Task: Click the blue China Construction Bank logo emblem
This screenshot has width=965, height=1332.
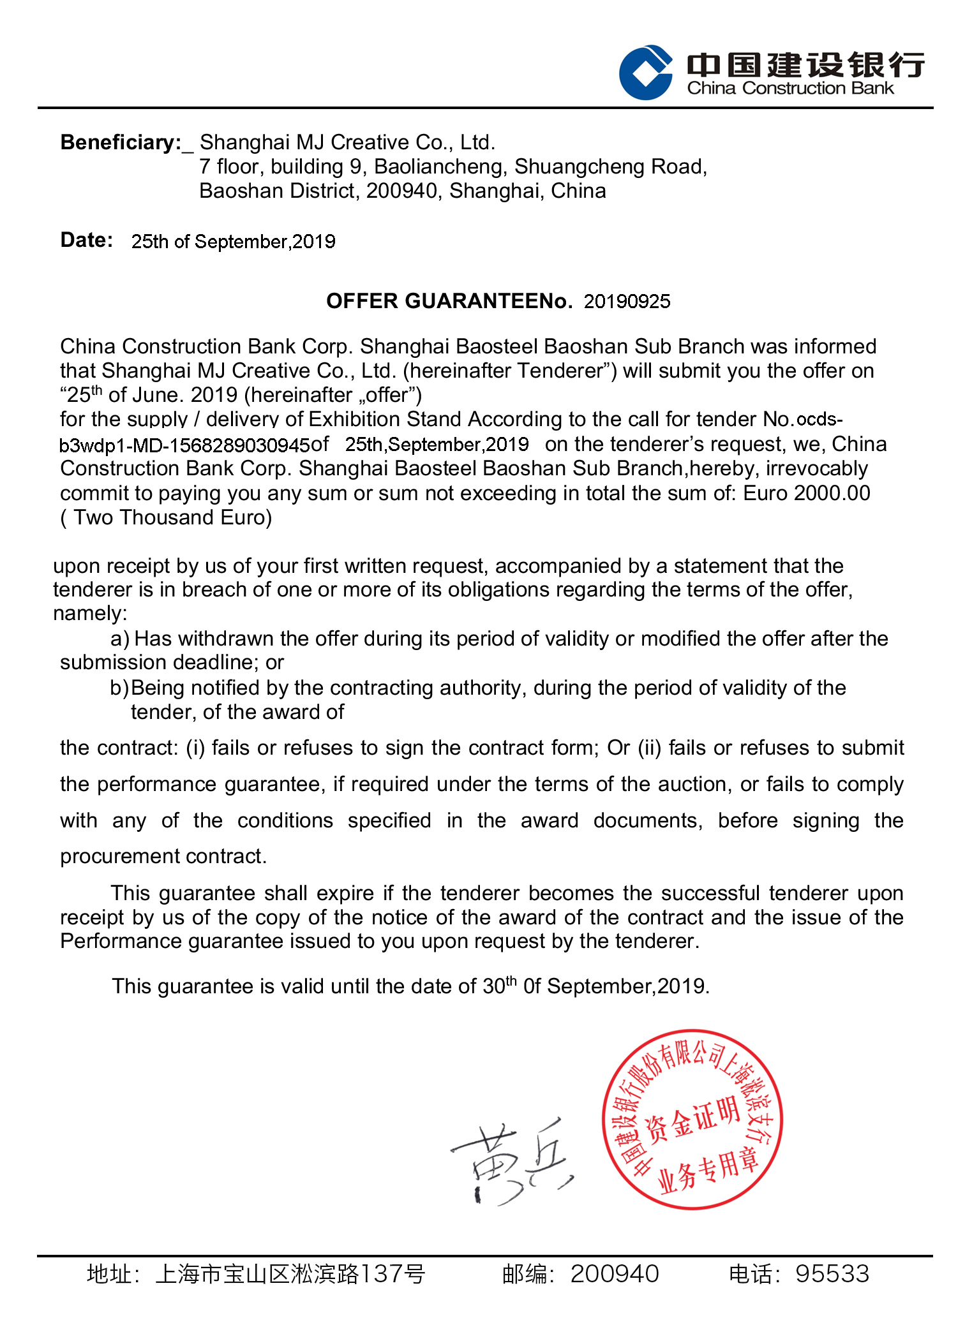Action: [645, 72]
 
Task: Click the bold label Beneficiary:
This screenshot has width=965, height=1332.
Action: [121, 142]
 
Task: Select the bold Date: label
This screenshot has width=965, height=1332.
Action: [87, 240]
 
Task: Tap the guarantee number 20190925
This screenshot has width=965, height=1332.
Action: [627, 301]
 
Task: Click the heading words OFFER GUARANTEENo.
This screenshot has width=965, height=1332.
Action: [449, 301]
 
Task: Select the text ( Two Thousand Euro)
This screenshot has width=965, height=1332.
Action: [166, 517]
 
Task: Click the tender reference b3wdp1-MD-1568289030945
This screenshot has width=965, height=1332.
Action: [184, 445]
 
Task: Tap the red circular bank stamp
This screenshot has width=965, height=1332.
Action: [692, 1119]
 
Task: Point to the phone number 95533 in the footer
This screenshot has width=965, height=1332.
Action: [832, 1273]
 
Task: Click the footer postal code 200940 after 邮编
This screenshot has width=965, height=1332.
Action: [614, 1273]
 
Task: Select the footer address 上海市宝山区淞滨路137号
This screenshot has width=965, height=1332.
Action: [290, 1273]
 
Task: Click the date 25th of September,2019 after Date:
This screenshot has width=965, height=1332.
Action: [233, 242]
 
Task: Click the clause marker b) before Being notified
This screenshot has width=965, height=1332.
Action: [119, 688]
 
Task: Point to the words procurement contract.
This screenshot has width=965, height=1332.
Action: [163, 856]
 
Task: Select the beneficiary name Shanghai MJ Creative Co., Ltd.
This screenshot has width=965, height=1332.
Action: [347, 142]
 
